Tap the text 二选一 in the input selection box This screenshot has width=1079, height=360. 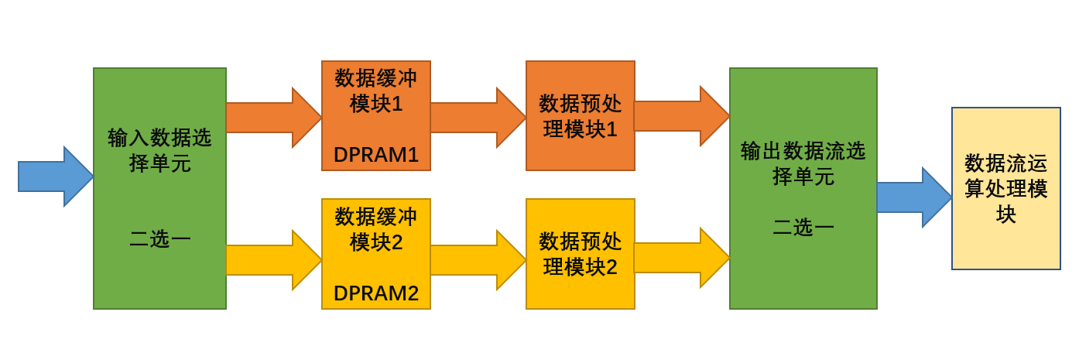[159, 238]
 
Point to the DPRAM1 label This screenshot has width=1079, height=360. [376, 155]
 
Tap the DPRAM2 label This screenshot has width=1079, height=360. [376, 293]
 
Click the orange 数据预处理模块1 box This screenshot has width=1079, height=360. [581, 116]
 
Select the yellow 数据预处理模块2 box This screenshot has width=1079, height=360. [581, 254]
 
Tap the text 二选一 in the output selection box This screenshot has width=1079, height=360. [803, 227]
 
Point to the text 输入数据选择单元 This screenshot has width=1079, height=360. [159, 150]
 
